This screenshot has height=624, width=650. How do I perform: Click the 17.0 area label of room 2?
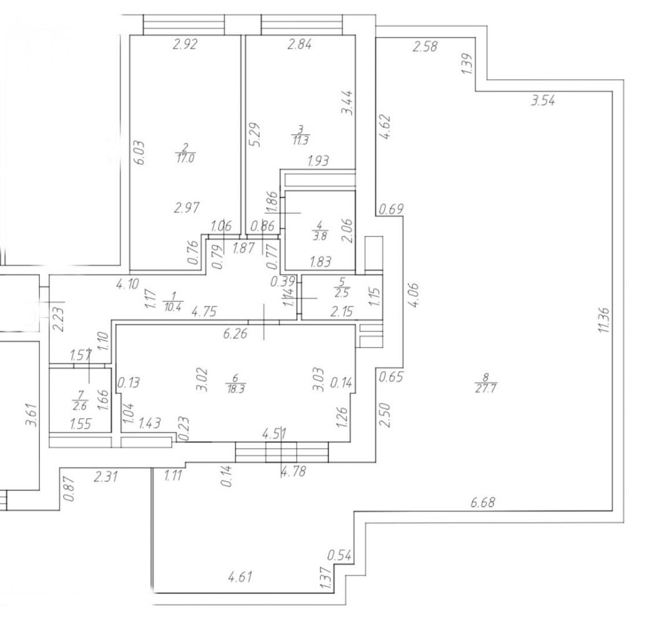185,158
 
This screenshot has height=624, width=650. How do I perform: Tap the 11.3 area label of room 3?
300,140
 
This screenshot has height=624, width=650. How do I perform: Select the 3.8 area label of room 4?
321,236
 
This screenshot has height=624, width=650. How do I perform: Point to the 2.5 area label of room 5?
342,293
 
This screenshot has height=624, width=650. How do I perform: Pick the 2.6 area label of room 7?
79,406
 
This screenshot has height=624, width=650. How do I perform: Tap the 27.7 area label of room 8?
486,389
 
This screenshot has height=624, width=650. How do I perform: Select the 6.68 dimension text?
483,502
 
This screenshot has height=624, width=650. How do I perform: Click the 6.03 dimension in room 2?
140,153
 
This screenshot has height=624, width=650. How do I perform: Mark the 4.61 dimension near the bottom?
240,577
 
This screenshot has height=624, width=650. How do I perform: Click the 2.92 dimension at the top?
185,44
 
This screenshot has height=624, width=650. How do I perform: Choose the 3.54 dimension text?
543,100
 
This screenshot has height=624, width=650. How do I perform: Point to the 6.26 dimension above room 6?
235,333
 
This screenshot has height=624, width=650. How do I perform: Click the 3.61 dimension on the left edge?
32,415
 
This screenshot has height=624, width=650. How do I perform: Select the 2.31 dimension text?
106,477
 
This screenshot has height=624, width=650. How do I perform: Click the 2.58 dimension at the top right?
425,46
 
